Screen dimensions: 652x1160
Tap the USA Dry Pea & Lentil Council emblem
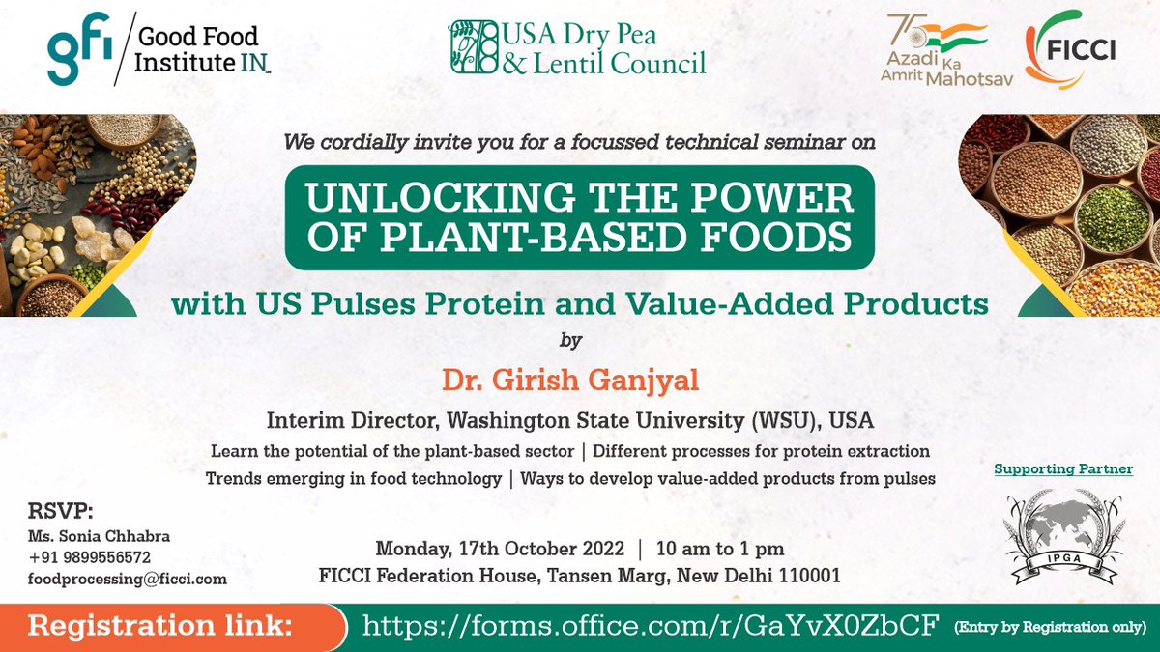tap(473, 47)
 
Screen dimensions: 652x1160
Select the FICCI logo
tap(1070, 50)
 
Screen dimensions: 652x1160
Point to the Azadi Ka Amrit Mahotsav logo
tap(934, 51)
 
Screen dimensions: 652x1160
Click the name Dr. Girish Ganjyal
tap(570, 380)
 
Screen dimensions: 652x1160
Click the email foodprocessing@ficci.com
tap(127, 579)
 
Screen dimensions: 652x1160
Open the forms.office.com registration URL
tap(651, 626)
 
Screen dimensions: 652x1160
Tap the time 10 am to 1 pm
tap(719, 549)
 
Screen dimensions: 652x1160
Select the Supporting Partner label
tap(1063, 469)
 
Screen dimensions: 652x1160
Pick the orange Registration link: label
tap(160, 626)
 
